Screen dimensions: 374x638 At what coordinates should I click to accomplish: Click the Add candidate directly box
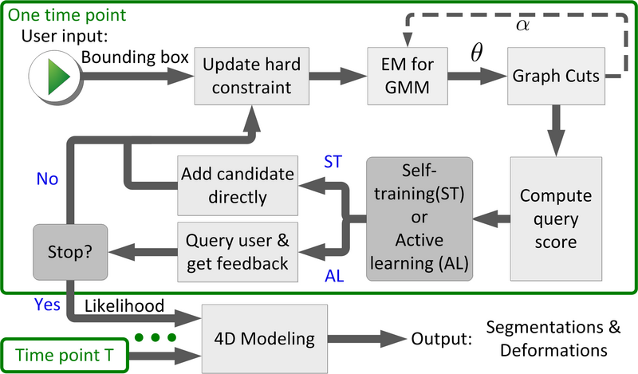[x=236, y=184]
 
